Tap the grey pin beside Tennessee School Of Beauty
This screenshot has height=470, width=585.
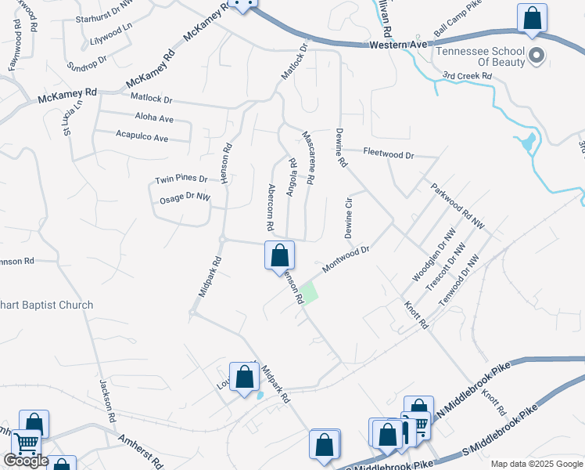point(537,56)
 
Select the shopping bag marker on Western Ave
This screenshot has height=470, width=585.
point(532,19)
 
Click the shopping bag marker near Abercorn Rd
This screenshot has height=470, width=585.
point(279,255)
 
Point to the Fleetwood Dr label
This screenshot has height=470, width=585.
point(387,155)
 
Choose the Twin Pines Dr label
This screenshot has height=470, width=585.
point(181,179)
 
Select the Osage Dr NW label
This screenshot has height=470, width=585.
point(185,197)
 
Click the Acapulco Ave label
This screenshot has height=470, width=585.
point(142,138)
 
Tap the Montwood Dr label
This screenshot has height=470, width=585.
point(345,258)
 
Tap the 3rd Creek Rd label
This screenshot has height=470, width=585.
point(466,76)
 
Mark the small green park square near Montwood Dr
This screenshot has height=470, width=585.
point(310,293)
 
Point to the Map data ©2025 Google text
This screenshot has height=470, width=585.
point(536,464)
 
